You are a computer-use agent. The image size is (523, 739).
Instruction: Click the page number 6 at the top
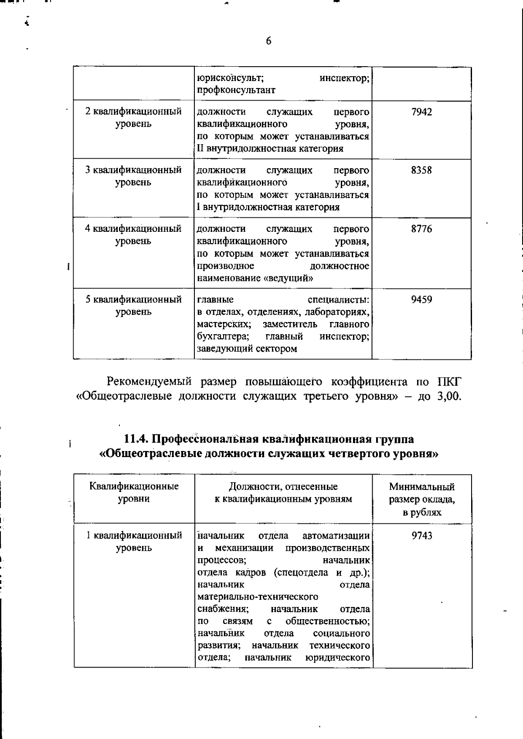(268, 41)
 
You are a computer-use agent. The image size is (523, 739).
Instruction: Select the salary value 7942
(421, 112)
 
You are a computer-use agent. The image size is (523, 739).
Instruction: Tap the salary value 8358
(421, 170)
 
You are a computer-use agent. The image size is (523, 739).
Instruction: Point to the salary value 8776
(421, 229)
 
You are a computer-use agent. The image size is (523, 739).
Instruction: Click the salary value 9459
(421, 300)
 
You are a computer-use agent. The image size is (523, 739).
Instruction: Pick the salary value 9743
(422, 536)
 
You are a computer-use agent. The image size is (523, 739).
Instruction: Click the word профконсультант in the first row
(236, 90)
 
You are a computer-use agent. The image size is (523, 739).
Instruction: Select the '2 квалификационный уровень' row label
(133, 118)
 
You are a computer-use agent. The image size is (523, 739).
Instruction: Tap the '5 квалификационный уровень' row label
(133, 305)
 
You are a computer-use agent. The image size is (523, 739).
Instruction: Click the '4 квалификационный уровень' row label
(133, 234)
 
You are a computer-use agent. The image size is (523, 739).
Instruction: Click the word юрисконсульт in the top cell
(230, 78)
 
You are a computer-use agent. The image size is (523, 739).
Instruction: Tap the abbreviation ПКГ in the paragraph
(448, 382)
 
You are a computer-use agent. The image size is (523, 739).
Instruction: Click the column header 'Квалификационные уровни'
(134, 493)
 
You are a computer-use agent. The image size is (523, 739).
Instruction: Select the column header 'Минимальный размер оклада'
(422, 499)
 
